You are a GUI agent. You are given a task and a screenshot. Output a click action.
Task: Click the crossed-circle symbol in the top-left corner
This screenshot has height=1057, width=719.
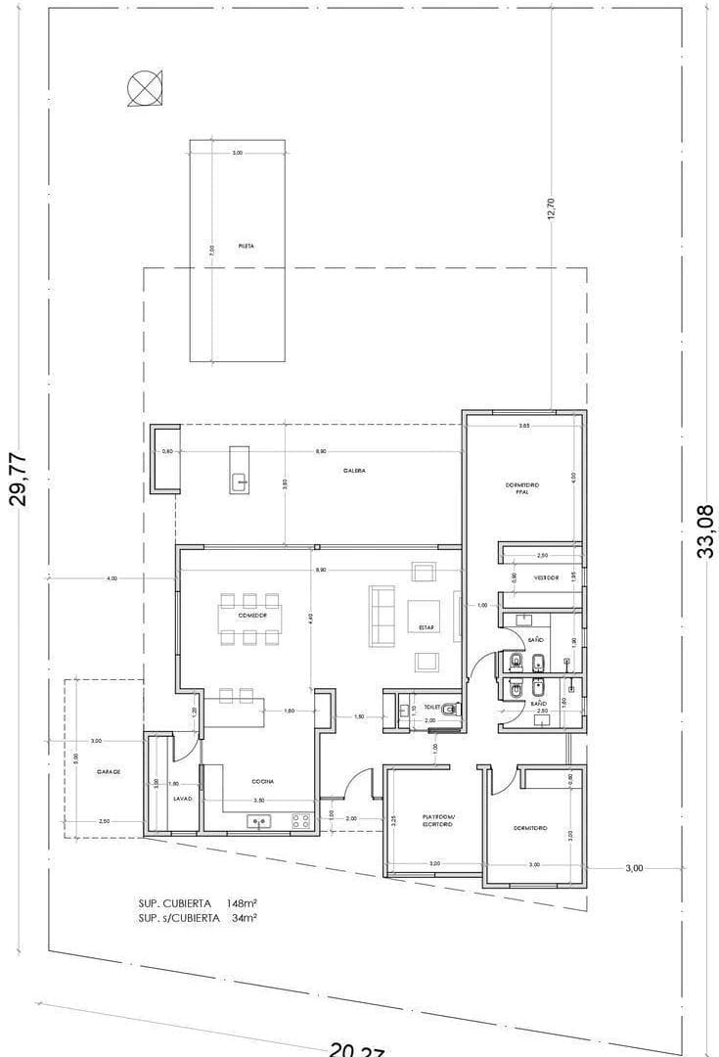pos(142,89)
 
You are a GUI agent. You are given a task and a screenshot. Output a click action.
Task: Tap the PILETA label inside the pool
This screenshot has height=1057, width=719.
pos(247,247)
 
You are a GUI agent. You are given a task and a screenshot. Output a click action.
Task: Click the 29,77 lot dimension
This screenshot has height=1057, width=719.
pos(19,479)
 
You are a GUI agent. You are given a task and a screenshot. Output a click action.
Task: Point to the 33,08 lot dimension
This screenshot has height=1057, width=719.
pos(704,530)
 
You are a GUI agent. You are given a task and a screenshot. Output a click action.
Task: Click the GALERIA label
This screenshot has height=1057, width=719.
pos(354,471)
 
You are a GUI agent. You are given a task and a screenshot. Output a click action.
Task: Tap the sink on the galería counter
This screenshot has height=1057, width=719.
pos(240,481)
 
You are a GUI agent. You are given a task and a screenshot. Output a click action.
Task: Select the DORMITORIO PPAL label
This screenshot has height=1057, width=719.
pos(522,488)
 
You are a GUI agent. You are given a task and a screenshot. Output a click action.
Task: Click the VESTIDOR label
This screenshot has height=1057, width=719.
pos(546,577)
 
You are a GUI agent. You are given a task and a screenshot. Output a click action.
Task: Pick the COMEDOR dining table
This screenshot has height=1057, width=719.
pos(252,617)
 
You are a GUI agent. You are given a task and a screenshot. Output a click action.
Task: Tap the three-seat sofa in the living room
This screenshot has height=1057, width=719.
pos(382,616)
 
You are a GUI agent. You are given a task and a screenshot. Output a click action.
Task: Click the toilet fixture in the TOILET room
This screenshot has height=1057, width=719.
pos(447,711)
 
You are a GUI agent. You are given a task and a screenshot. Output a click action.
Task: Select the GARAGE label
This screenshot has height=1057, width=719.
pos(109,772)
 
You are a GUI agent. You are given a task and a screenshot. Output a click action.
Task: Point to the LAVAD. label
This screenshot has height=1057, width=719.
pos(183,800)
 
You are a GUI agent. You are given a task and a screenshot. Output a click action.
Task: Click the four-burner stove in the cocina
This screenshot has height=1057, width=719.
pos(301,821)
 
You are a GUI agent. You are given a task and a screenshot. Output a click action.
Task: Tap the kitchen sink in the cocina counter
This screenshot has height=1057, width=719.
pos(260,821)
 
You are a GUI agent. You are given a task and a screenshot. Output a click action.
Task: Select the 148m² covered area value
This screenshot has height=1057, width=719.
pos(241,902)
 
